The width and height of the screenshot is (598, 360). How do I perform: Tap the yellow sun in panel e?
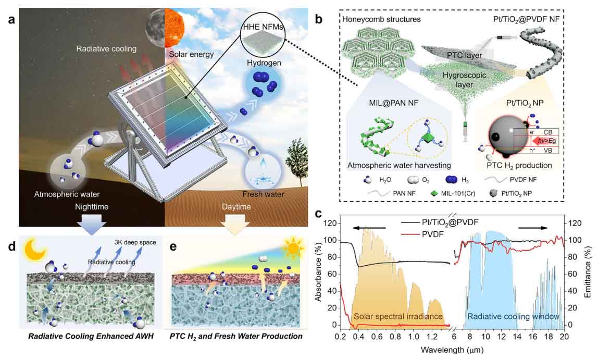tap(294, 249)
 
